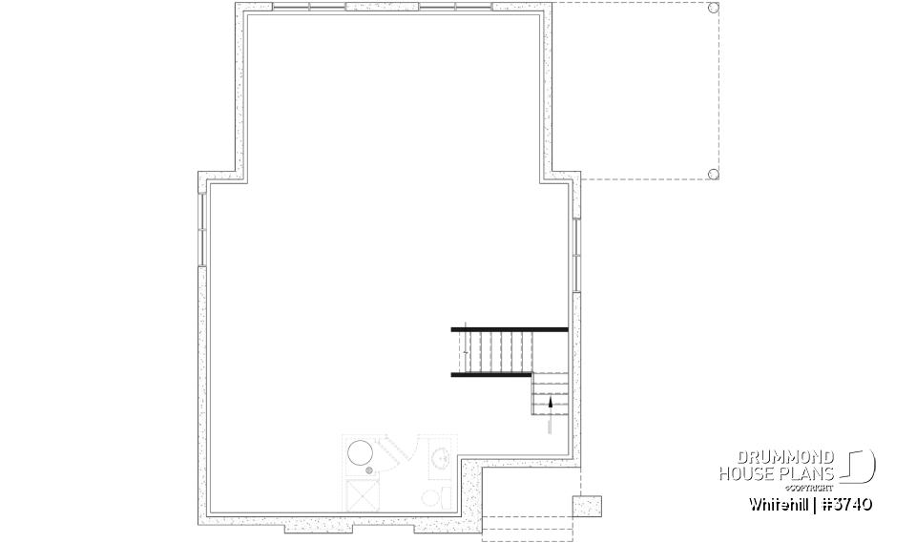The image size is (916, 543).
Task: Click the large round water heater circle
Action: pyautogui.click(x=360, y=453)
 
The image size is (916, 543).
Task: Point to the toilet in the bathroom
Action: pyautogui.click(x=430, y=497)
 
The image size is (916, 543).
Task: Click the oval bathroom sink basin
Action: pyautogui.click(x=441, y=457)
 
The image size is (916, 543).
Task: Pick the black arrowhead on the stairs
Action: pyautogui.click(x=550, y=404)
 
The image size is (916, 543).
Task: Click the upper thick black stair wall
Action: pyautogui.click(x=510, y=329)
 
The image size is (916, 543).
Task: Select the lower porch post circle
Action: pyautogui.click(x=713, y=174)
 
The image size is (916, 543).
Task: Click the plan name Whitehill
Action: pyautogui.click(x=778, y=504)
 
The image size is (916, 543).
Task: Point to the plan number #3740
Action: pyautogui.click(x=846, y=504)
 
